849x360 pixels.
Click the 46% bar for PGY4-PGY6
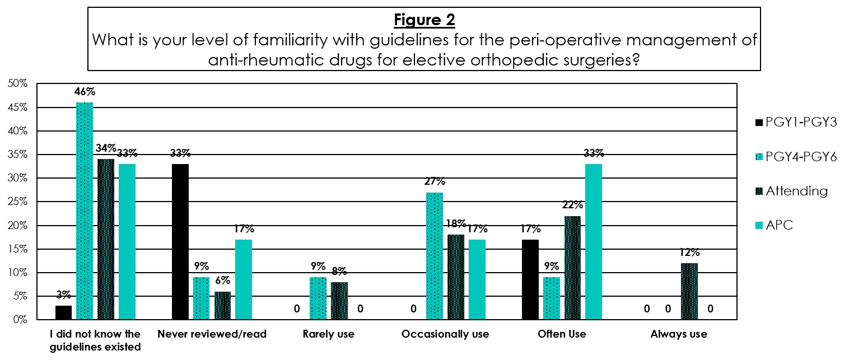click(85, 211)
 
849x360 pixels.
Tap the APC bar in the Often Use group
click(594, 242)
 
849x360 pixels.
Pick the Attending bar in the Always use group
click(689, 291)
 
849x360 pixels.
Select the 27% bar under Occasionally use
click(435, 256)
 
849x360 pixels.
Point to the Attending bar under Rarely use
click(339, 301)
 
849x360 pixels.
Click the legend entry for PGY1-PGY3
click(796, 122)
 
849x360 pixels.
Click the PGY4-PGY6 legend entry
click(796, 157)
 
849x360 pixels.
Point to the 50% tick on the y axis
click(18, 83)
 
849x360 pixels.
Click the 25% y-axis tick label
click(18, 202)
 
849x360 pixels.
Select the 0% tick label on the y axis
click(20, 320)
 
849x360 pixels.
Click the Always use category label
click(679, 334)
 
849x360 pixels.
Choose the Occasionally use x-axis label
click(445, 334)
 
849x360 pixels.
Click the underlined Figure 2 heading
click(424, 20)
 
